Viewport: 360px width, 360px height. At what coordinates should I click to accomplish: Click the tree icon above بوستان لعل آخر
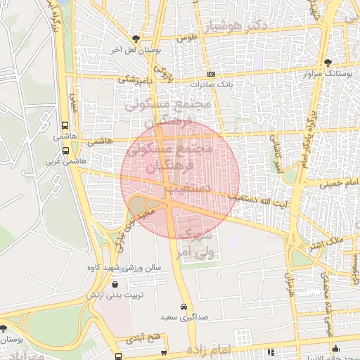[x=136, y=39]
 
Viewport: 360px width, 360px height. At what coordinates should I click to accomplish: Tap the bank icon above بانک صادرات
[x=211, y=74]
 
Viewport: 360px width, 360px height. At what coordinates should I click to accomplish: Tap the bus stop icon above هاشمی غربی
[x=66, y=150]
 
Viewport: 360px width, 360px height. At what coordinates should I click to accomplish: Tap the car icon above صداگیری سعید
[x=184, y=307]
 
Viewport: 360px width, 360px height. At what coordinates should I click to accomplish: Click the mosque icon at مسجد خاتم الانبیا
[x=335, y=347]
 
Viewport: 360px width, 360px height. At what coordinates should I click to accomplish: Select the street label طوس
[x=185, y=39]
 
